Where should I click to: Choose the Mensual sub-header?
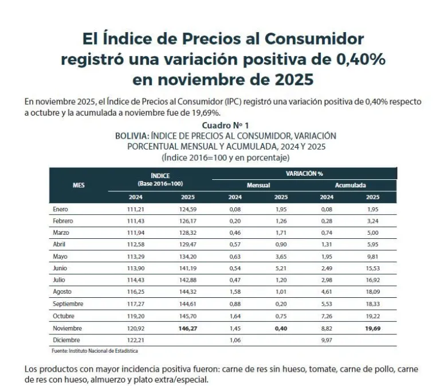click(x=258, y=186)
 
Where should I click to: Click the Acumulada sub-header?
click(x=350, y=186)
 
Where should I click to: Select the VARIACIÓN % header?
click(x=304, y=173)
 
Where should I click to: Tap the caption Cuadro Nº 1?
click(x=225, y=125)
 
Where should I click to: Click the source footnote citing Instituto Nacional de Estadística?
click(x=95, y=350)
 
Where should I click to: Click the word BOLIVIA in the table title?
click(x=132, y=136)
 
